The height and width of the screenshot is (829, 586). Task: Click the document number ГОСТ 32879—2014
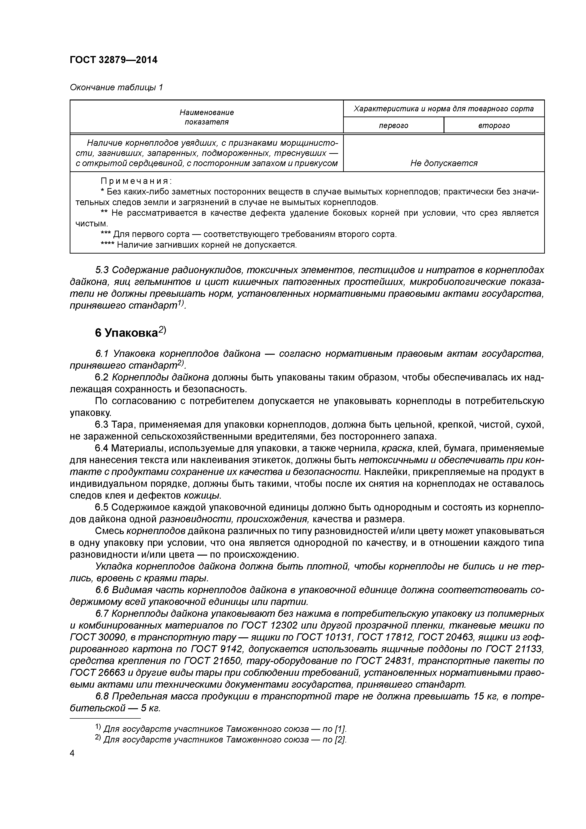click(x=113, y=60)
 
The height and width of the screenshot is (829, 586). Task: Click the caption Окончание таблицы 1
click(x=116, y=87)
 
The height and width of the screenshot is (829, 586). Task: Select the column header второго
click(x=494, y=126)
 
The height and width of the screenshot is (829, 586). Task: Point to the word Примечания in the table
click(x=136, y=181)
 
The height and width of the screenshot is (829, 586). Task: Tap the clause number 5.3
click(x=102, y=270)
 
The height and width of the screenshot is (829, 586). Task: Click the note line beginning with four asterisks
click(x=198, y=245)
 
